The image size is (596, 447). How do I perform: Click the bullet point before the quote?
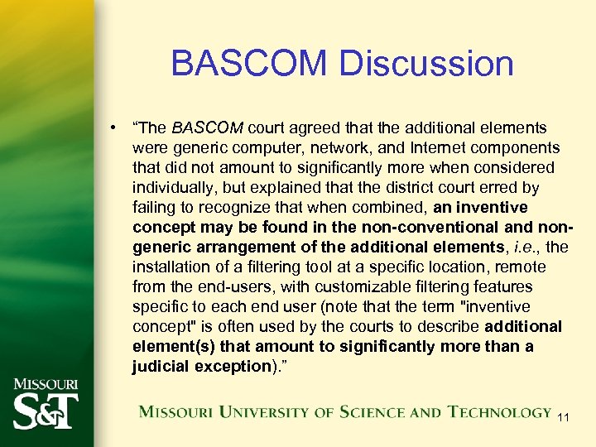coord(110,127)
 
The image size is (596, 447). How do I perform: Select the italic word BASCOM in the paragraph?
coord(207,127)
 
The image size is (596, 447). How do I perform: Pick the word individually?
coord(175,187)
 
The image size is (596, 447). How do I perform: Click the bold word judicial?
coord(163,366)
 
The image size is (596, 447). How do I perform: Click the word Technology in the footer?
coord(499,411)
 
